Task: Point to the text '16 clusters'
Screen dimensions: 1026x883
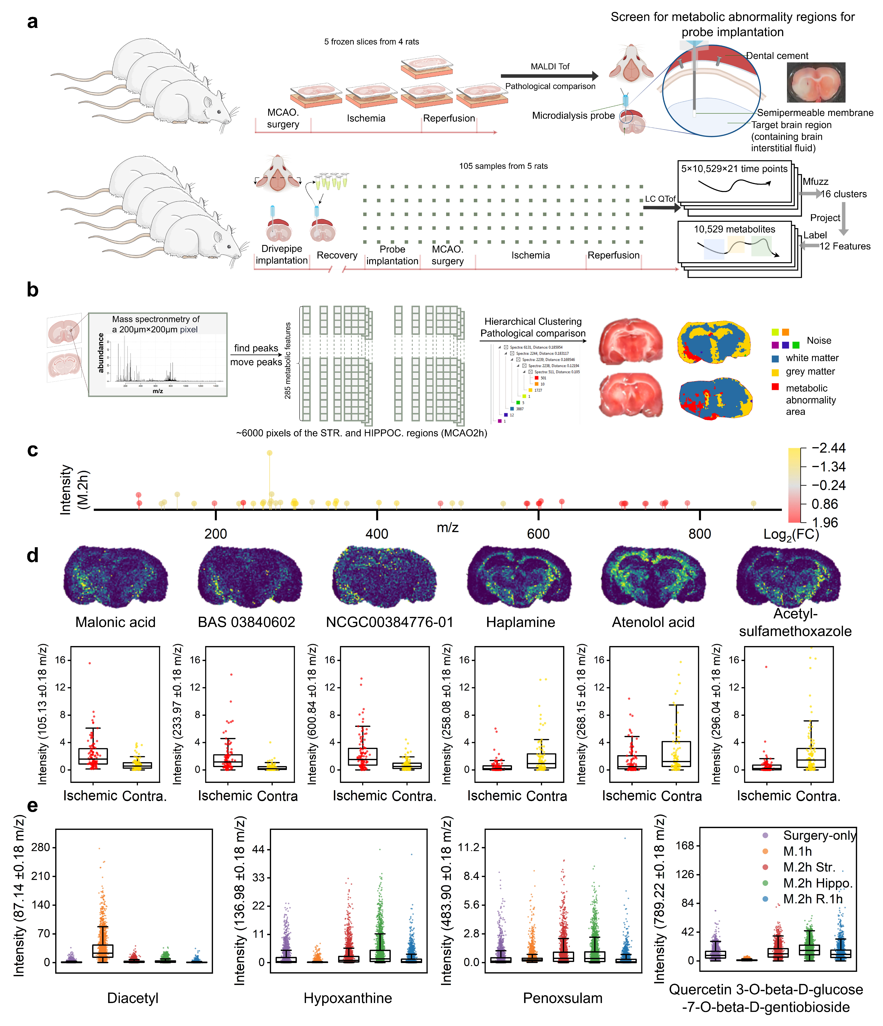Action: point(844,194)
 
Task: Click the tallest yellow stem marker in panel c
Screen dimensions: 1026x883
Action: point(269,453)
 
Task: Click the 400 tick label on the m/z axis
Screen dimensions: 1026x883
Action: point(377,534)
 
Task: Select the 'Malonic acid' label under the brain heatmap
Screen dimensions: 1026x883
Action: point(115,622)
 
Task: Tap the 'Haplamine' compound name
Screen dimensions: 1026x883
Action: point(520,622)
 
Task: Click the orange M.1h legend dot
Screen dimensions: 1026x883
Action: point(766,851)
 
